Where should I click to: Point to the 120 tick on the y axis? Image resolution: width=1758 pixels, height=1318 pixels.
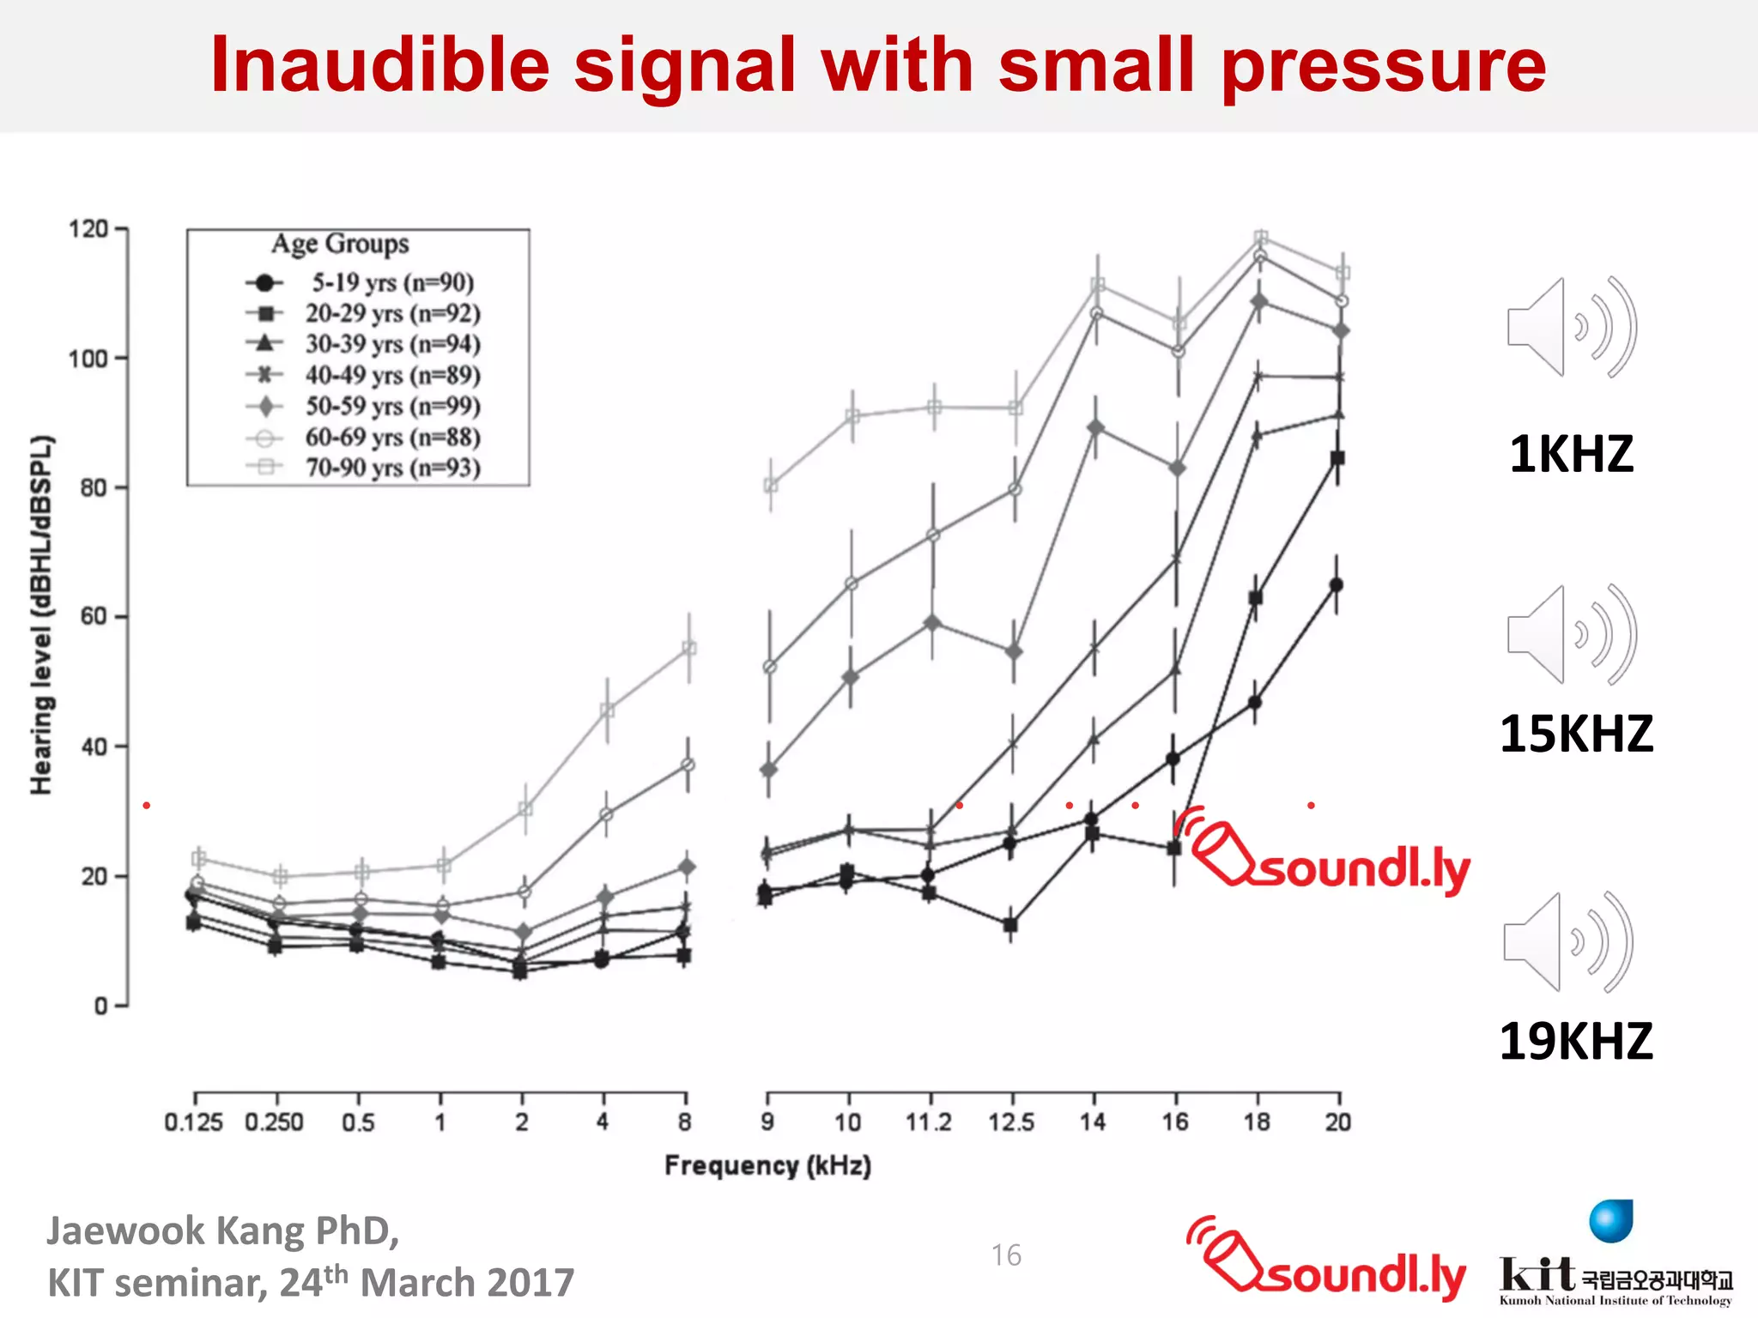(88, 229)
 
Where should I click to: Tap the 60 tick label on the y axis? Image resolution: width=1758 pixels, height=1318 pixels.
(93, 616)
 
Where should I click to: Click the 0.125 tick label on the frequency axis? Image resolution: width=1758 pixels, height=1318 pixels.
(193, 1122)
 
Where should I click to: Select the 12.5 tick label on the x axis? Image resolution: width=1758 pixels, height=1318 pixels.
(1011, 1122)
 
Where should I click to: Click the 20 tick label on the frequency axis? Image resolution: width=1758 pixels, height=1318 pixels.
(1337, 1122)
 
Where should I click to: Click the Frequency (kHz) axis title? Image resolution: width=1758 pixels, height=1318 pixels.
(767, 1165)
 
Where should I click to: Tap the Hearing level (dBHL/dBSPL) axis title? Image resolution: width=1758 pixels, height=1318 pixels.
(41, 615)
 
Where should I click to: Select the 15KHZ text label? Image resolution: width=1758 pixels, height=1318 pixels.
(1576, 734)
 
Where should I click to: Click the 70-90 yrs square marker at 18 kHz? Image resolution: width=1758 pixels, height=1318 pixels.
(1260, 238)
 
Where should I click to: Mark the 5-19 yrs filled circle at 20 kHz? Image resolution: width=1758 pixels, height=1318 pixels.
(1336, 585)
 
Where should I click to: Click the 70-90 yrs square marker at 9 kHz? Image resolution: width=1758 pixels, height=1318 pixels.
(770, 486)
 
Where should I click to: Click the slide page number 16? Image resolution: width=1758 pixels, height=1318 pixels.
(1006, 1255)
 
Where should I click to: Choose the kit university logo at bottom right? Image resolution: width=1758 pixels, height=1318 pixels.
(1614, 1261)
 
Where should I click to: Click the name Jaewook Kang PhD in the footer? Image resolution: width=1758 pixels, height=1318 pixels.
(223, 1230)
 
